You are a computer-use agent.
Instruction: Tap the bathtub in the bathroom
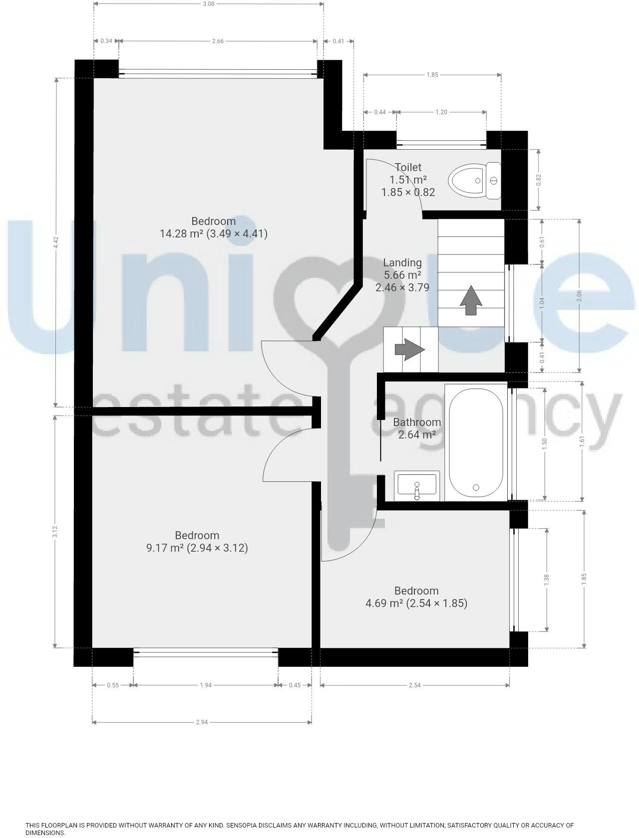click(476, 441)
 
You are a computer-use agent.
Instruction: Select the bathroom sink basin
click(417, 485)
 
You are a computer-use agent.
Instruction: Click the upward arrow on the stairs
click(470, 300)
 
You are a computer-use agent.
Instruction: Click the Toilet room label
click(408, 167)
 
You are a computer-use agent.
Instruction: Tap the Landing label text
click(402, 262)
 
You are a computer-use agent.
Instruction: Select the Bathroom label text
click(417, 422)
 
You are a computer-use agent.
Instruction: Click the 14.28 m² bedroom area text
click(214, 233)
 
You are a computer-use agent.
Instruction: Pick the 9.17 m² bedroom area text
click(197, 548)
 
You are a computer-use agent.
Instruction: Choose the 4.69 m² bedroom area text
click(416, 603)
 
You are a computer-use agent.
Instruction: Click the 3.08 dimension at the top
click(209, 4)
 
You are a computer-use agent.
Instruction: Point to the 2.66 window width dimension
click(218, 41)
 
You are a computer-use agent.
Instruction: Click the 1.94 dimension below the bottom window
click(206, 685)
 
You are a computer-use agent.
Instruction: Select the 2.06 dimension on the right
click(579, 295)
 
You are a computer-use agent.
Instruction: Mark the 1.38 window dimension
click(547, 579)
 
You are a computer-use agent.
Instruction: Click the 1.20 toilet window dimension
click(441, 112)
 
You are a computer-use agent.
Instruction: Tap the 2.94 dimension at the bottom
click(202, 722)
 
